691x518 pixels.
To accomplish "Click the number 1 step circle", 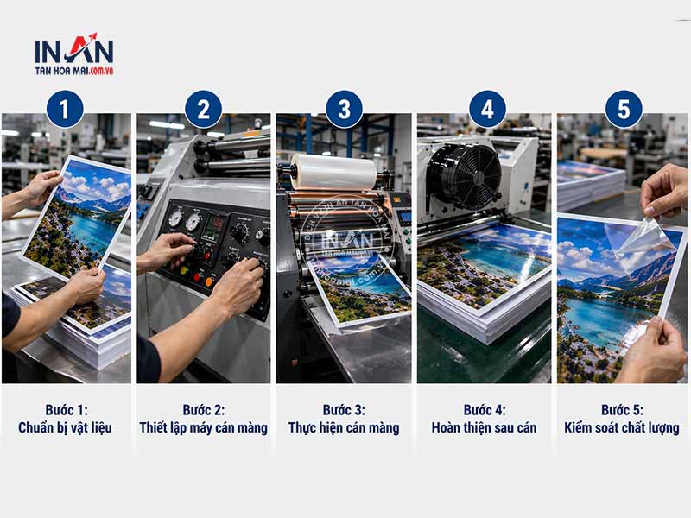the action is pos(65,110).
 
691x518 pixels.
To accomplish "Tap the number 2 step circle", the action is pos(204,110).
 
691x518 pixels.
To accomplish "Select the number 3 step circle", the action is pos(344,110).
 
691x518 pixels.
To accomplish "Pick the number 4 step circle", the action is pos(487,110).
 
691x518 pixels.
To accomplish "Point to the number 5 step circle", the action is pos(624,110).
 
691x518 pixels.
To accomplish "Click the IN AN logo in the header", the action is pos(74,54).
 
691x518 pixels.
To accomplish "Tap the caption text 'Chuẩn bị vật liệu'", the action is pos(66,427).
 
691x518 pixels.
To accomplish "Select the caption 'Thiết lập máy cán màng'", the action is pos(204,427).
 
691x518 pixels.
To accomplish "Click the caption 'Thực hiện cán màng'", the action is pos(344,427).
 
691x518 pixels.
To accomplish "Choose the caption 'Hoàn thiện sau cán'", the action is pos(484,427).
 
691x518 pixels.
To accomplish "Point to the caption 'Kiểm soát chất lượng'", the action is pos(622,427).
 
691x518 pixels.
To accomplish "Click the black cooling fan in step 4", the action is pos(464,176).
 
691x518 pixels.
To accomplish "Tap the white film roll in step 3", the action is pos(333,172).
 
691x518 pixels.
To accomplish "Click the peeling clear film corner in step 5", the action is pos(644,236).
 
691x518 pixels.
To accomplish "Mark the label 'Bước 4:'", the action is pos(485,410).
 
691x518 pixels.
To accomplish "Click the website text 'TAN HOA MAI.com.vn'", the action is pos(74,71).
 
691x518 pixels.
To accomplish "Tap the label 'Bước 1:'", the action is pos(67,410).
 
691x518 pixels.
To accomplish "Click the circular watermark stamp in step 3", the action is pos(347,241).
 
